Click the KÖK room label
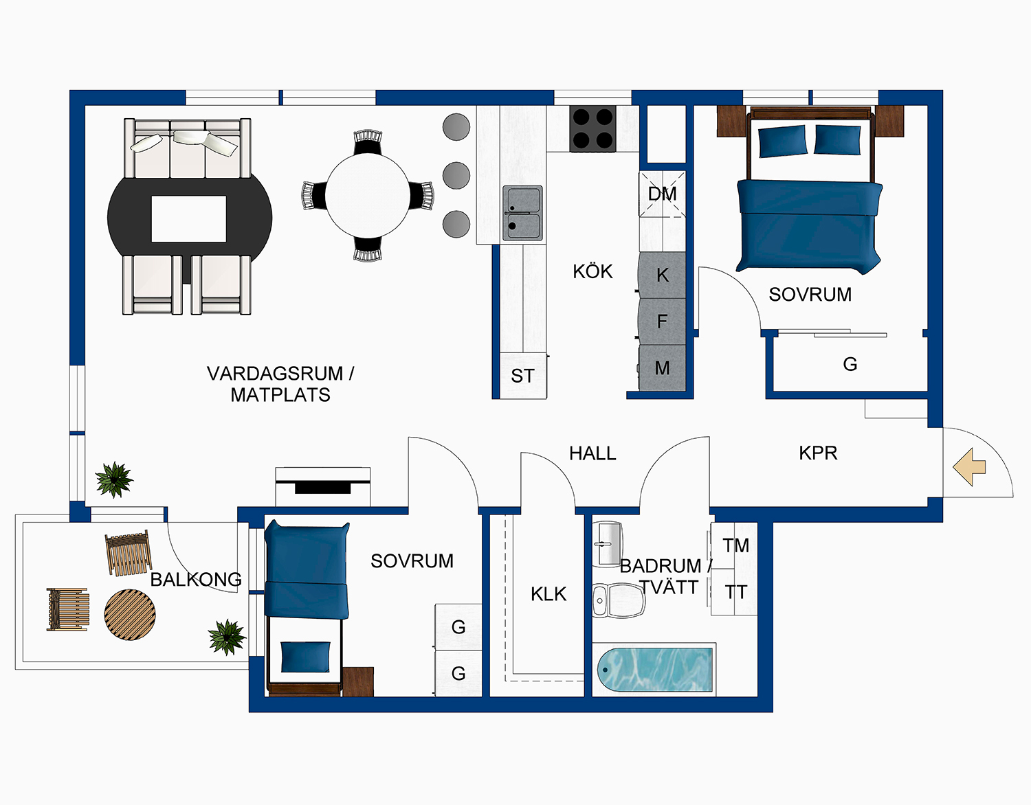592,271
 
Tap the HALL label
592,453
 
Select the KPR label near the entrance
818,453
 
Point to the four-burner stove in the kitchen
592,128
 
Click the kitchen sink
522,213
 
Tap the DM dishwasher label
663,194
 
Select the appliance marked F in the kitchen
663,321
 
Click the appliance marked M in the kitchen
663,368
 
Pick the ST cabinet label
522,376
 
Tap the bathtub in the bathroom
654,670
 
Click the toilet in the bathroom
617,600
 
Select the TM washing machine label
735,545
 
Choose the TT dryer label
735,592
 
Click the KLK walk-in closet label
548,594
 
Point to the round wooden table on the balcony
130,614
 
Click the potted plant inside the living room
113,479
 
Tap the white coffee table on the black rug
188,219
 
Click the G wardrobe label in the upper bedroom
850,364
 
